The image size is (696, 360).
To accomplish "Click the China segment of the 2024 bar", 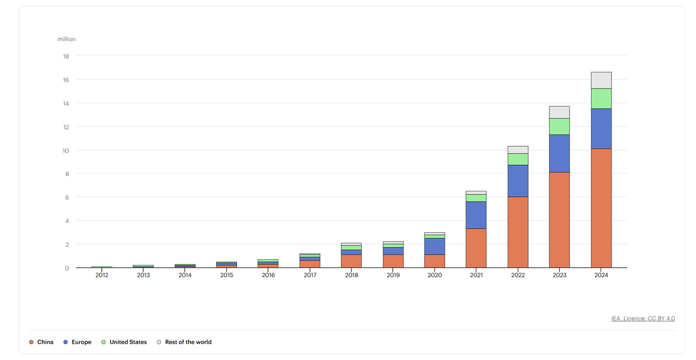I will pos(601,208).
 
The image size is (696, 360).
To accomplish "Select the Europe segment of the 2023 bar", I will pos(559,154).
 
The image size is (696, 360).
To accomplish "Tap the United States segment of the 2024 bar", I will pos(601,98).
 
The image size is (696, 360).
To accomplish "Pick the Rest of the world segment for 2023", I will pos(559,112).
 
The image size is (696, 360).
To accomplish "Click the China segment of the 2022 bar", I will pos(518,232).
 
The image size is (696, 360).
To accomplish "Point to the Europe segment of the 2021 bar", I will pos(476,215).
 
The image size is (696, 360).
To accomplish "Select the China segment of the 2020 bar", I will pos(434,261).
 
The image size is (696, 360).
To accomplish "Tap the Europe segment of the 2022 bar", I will pos(518,181).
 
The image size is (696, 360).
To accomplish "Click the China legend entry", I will pos(41,342).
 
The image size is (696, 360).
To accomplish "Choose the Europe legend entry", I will pos(77,342).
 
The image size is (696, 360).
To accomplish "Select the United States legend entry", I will pos(124,342).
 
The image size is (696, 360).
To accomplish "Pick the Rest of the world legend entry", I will pos(184,342).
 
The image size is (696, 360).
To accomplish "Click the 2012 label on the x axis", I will pos(102,275).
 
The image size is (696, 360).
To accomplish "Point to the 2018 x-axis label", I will pos(352,275).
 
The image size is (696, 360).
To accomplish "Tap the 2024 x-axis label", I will pos(601,275).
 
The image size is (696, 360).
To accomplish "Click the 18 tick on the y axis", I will pos(66,56).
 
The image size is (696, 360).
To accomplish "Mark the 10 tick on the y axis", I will pos(66,151).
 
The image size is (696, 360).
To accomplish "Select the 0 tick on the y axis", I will pos(67,268).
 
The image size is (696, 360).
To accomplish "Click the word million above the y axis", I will pos(67,40).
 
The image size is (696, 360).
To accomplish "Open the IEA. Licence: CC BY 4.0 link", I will pos(643,318).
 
